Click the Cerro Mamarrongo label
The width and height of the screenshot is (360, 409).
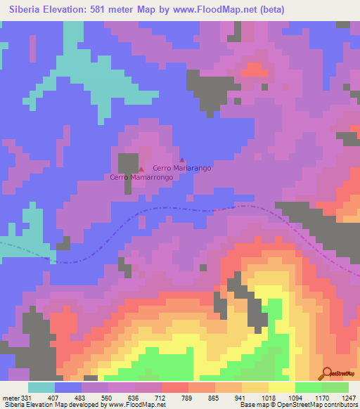(141, 178)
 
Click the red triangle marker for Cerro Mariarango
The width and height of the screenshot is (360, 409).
(182, 160)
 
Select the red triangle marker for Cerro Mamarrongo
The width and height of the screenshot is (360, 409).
(141, 169)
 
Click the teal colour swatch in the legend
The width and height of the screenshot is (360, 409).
(41, 387)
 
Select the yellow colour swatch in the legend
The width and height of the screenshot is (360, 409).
(282, 387)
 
